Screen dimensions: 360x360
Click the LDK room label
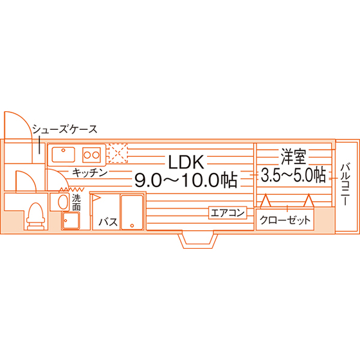coord(186,162)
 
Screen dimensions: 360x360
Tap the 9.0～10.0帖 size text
coord(186,180)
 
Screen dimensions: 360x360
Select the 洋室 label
coord(294,157)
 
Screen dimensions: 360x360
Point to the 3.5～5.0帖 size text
coord(293,175)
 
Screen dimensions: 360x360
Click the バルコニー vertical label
coord(345,184)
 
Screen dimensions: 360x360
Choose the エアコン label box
coord(228,213)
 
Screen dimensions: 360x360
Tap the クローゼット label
coord(285,221)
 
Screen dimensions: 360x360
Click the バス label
coord(108,222)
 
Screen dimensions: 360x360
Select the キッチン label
coord(90,173)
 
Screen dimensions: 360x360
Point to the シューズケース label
coord(65,129)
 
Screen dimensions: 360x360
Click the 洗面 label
coord(76,203)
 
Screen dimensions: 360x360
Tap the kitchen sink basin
coord(64,154)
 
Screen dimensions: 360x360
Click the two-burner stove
coord(91,155)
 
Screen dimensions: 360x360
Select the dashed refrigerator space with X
coord(118,153)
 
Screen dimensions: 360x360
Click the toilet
coord(35,216)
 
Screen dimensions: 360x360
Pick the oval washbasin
coord(63,202)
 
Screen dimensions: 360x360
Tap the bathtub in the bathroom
coord(132,212)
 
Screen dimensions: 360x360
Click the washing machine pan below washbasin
coord(71,221)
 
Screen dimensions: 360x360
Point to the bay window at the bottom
coord(198,240)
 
